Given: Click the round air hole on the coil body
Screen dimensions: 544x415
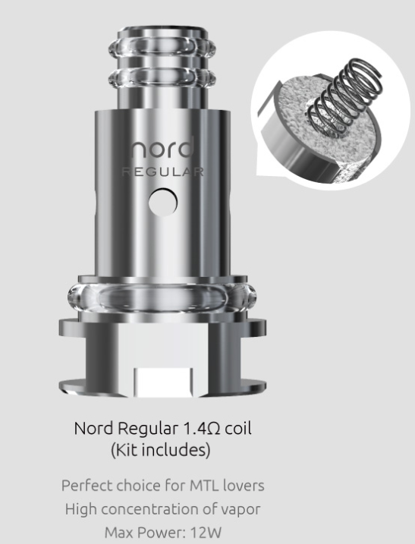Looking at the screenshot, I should tap(162, 201).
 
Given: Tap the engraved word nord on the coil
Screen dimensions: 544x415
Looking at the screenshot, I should tap(162, 148).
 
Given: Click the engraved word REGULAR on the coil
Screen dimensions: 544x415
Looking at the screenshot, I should tap(162, 171).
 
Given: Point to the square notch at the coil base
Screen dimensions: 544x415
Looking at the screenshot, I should tap(162, 380).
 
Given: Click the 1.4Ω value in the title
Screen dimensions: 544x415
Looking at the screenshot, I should tap(196, 429).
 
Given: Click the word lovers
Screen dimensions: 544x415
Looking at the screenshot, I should tap(242, 485).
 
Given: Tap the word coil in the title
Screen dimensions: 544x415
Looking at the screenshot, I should tap(237, 429).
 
